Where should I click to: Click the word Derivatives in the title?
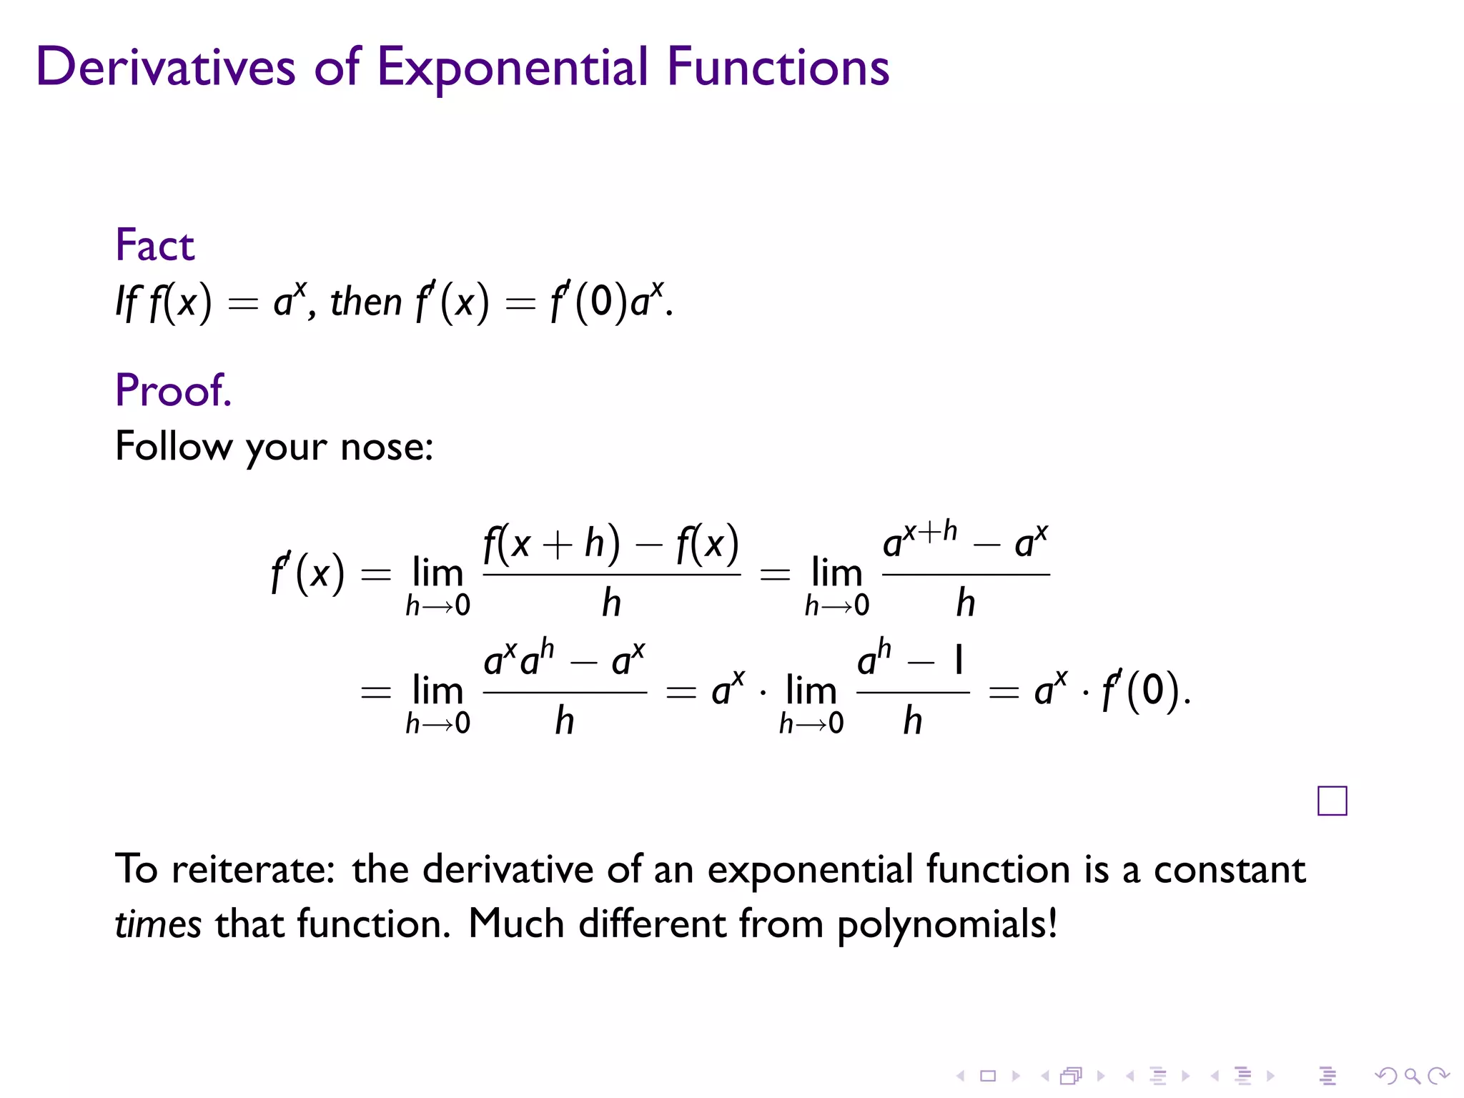165,66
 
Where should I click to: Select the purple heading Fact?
154,245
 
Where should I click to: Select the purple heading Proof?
173,390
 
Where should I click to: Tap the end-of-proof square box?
1332,801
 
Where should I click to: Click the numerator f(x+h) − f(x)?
611,544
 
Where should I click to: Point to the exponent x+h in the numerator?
929,531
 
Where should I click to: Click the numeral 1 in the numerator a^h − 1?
959,659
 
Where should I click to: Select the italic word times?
157,924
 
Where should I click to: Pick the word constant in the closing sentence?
1230,869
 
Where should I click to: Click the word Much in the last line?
516,924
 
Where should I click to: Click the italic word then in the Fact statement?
365,302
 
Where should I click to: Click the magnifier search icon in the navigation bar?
1412,1076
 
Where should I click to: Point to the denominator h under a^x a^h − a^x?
565,721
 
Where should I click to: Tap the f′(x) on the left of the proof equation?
307,573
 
